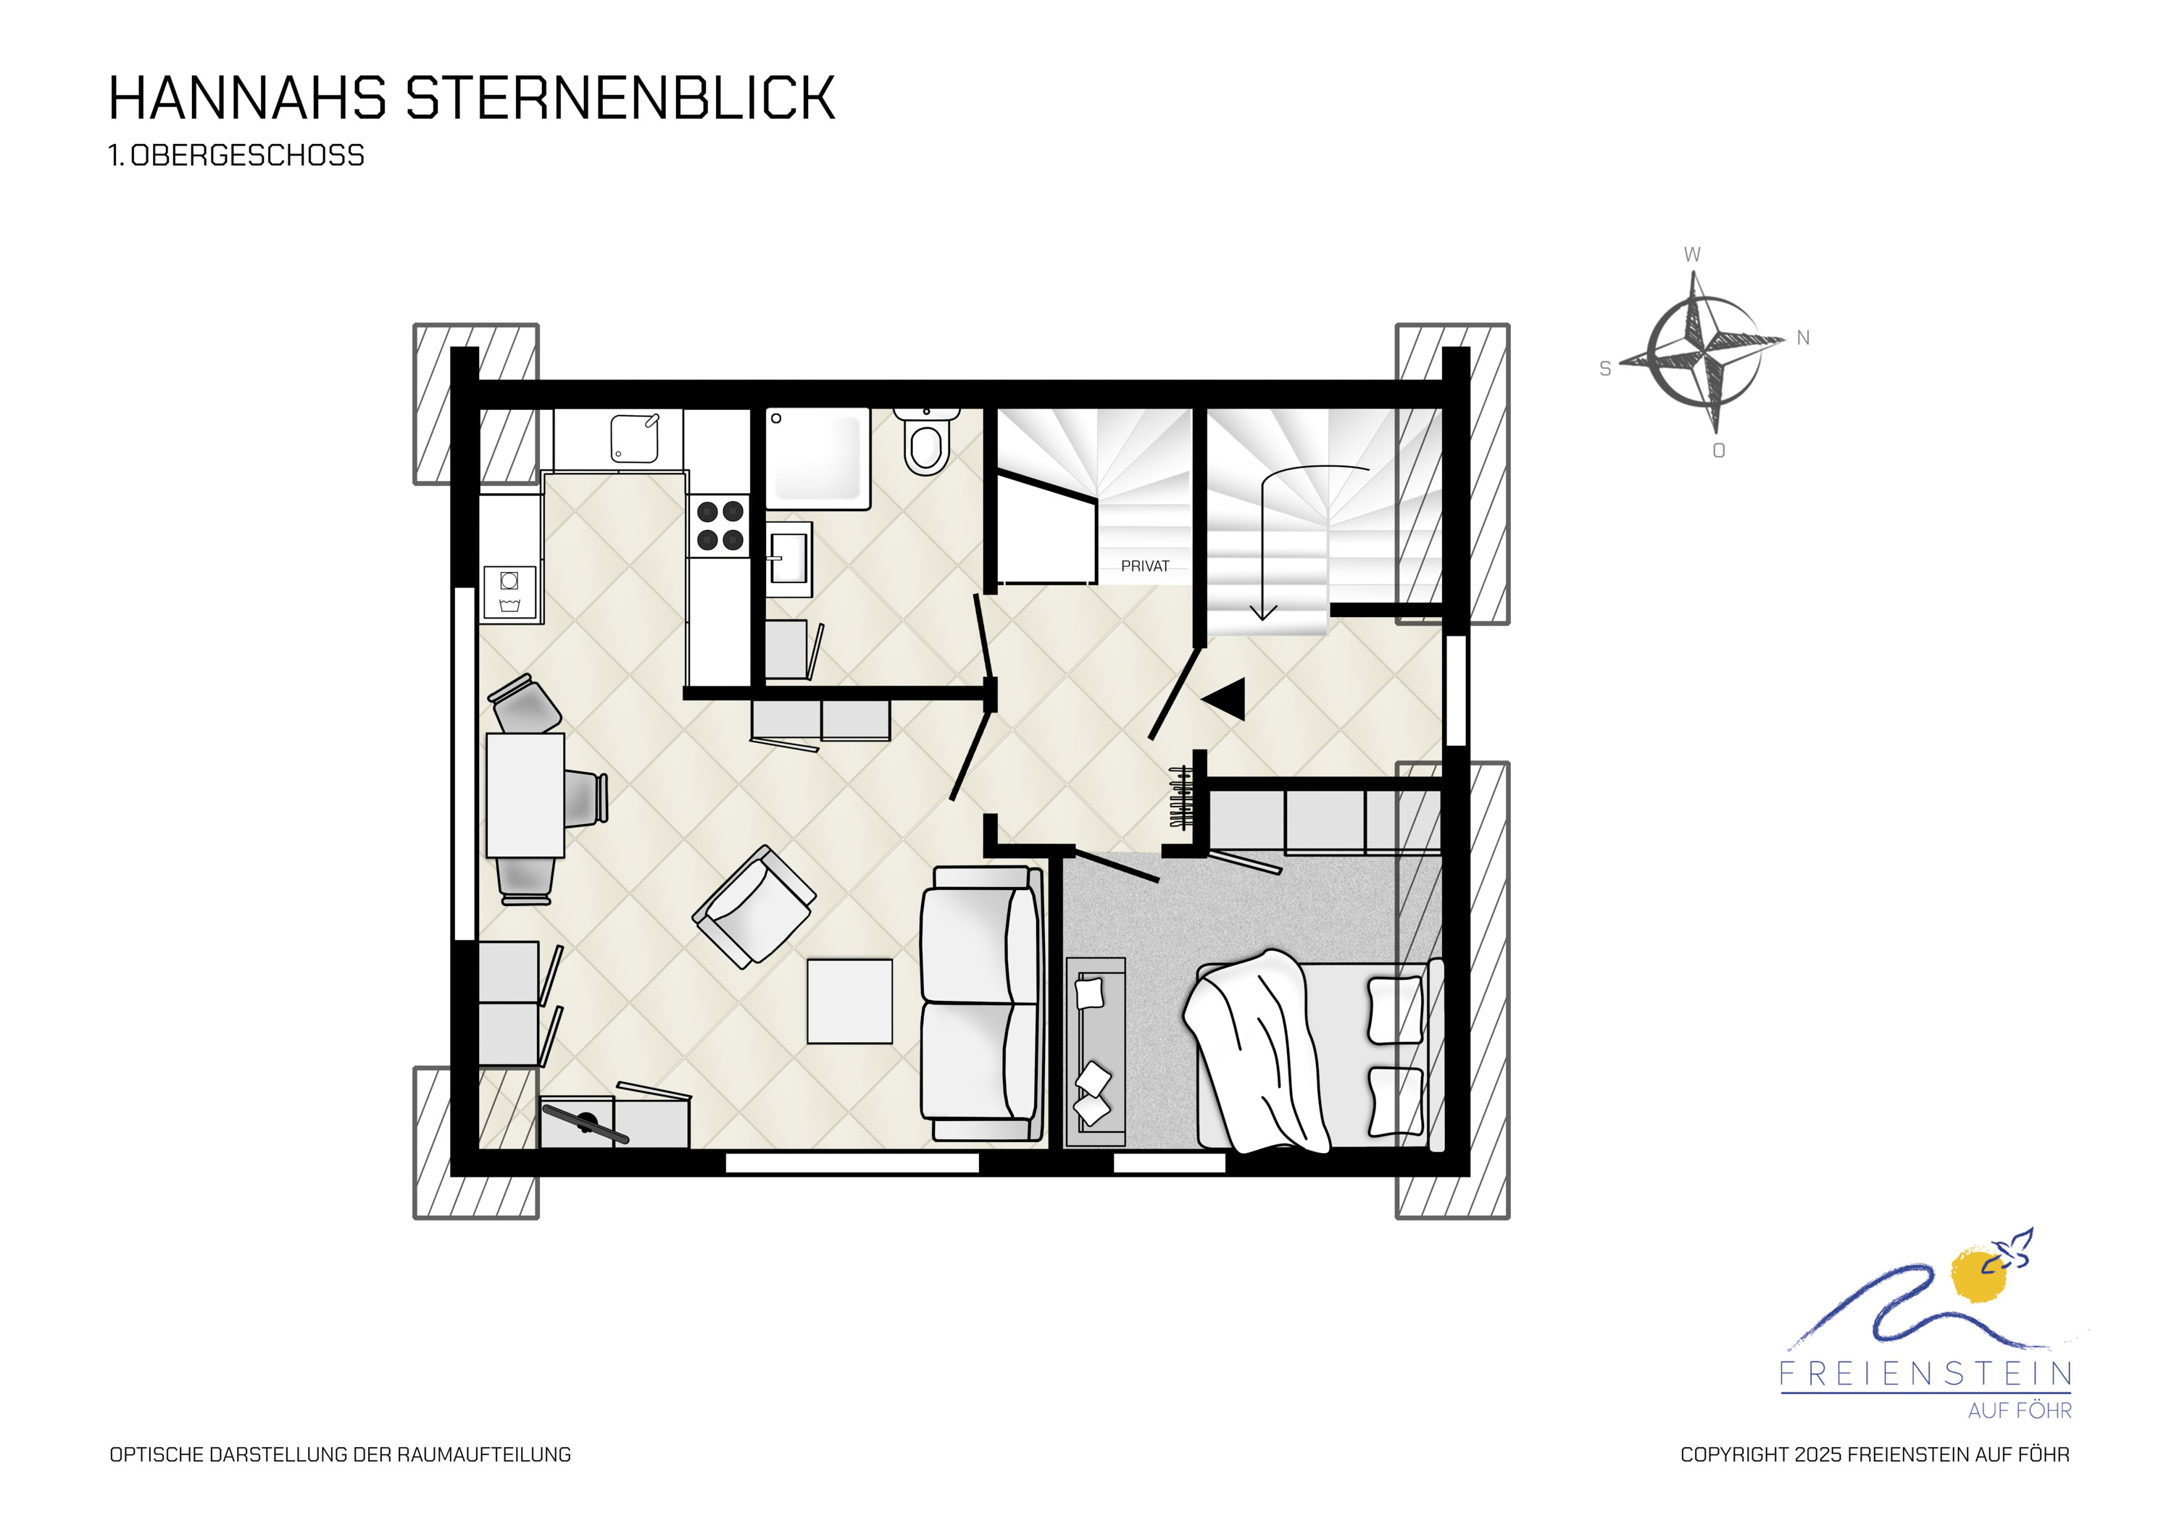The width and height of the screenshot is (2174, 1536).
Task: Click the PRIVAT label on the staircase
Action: pyautogui.click(x=1145, y=566)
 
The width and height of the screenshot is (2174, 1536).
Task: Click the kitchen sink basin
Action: pyautogui.click(x=634, y=438)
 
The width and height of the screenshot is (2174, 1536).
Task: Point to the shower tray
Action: pyautogui.click(x=817, y=458)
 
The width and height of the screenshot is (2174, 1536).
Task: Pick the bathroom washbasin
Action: pyautogui.click(x=788, y=558)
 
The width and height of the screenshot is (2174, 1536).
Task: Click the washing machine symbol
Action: pyautogui.click(x=509, y=592)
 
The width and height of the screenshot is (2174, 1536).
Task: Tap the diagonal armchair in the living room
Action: pyautogui.click(x=754, y=906)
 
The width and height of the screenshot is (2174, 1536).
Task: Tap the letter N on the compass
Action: pyautogui.click(x=1803, y=338)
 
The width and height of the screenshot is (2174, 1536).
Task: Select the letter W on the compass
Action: pyautogui.click(x=1692, y=255)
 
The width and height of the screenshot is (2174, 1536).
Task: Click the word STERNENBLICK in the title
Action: pyautogui.click(x=620, y=98)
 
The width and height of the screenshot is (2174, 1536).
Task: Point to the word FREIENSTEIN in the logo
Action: pyautogui.click(x=1926, y=1375)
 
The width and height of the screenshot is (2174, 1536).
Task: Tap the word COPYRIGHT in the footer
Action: pyautogui.click(x=1735, y=1455)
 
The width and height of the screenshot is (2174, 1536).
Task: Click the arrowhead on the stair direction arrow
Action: pyautogui.click(x=1263, y=613)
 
